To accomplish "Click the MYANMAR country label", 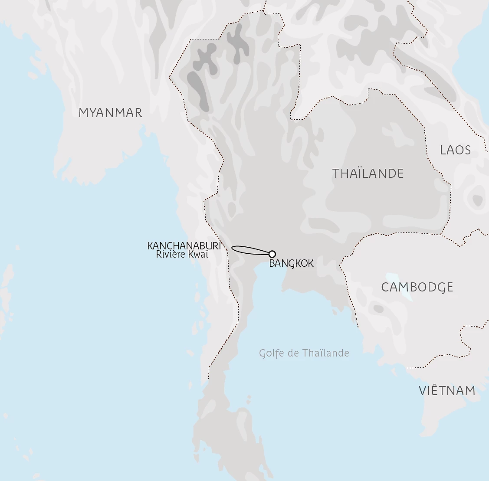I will pos(110,113).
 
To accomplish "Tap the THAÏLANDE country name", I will pos(368,173).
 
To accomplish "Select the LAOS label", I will pos(455,150).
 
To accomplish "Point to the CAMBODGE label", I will pos(417,287).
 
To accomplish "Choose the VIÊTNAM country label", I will pos(447,391).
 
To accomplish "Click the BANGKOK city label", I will pos(291,263).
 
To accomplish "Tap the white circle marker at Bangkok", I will pos(272,254).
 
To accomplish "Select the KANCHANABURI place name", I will pos(184,246).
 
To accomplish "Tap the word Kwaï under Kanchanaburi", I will pos(197,255).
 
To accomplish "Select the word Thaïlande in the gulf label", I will pos(326,353).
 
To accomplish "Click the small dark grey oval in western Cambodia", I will pos(378,309).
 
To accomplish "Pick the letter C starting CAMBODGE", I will pos(385,287).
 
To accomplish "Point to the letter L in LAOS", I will pos(443,150).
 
